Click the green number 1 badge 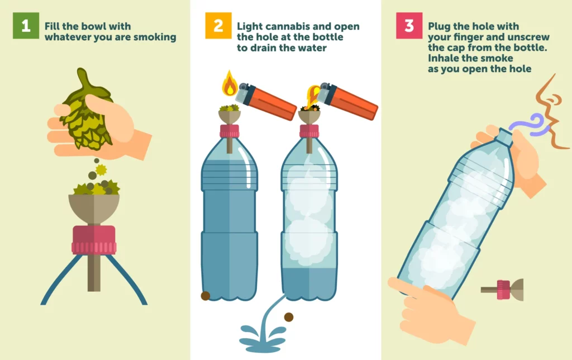tap(26, 26)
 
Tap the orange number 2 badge tap(218, 26)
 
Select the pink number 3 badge tap(409, 26)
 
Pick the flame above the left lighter tap(230, 84)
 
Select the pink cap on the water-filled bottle tap(230, 131)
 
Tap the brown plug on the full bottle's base tap(206, 296)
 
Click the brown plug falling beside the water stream tap(289, 317)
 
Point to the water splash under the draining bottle tap(263, 338)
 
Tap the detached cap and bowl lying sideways tap(502, 290)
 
